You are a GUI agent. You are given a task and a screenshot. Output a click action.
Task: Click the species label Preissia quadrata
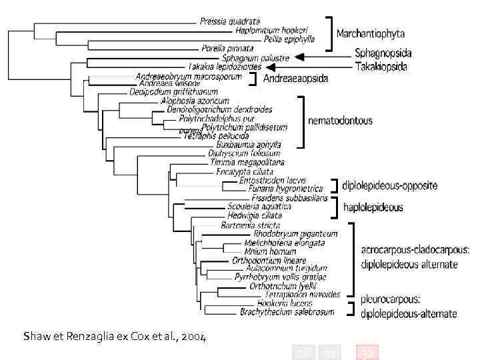coord(229,21)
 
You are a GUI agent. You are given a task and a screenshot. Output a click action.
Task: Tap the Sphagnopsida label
coord(383,53)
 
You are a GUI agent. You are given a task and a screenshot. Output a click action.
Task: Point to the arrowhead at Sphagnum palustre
coord(299,58)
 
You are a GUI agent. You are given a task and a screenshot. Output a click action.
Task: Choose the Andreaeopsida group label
coord(296,79)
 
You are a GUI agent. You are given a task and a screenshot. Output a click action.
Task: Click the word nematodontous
coord(339,121)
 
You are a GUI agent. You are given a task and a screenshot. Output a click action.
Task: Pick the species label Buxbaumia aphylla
coord(248,145)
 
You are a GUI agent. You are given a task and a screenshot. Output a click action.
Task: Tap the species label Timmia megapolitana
coord(247,162)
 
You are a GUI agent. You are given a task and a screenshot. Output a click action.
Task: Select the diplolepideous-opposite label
coord(389,185)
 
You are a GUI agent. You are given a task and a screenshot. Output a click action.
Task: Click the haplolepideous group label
coord(373,207)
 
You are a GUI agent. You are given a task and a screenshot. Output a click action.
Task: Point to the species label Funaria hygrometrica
coord(285,189)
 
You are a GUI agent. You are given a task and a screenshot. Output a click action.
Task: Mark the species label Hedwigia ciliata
coord(250,215)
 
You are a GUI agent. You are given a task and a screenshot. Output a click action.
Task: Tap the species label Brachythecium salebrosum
coord(284,312)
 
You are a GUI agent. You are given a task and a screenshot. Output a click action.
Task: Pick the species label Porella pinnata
coord(227,48)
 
